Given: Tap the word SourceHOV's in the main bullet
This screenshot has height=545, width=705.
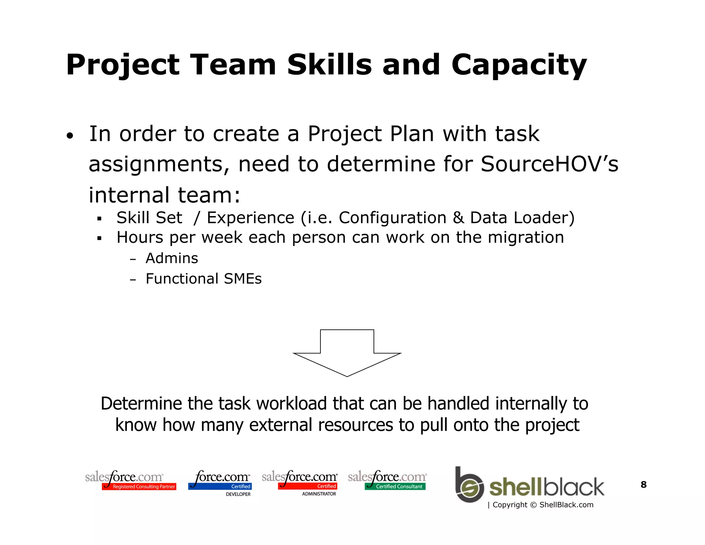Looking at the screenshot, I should pyautogui.click(x=549, y=164).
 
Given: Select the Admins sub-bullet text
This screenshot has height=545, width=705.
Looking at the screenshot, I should pyautogui.click(x=172, y=258).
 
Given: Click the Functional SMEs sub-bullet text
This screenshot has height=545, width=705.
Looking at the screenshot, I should pyautogui.click(x=203, y=279).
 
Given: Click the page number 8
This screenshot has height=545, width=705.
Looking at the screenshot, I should pyautogui.click(x=643, y=485).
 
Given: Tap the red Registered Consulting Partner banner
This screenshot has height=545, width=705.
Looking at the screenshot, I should pyautogui.click(x=139, y=487).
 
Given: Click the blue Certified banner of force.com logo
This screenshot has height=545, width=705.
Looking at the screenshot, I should pyautogui.click(x=220, y=486).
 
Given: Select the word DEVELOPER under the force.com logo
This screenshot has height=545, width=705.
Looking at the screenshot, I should pyautogui.click(x=238, y=494).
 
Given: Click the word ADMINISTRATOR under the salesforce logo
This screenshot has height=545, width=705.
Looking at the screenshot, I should pyautogui.click(x=319, y=494).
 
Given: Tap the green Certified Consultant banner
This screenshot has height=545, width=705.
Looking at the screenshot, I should pyautogui.click(x=395, y=486).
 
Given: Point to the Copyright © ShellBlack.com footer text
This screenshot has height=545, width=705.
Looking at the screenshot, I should pyautogui.click(x=543, y=505).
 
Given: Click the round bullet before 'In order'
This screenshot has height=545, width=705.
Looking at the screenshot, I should pyautogui.click(x=70, y=136).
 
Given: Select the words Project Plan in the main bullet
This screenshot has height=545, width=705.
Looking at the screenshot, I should pyautogui.click(x=370, y=134).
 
